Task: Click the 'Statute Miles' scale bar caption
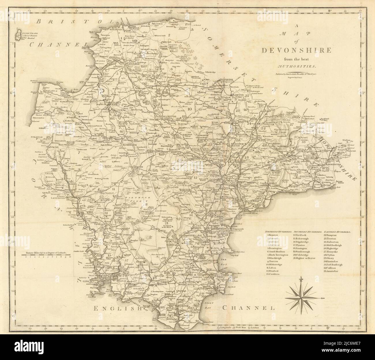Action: click(x=46, y=253)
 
